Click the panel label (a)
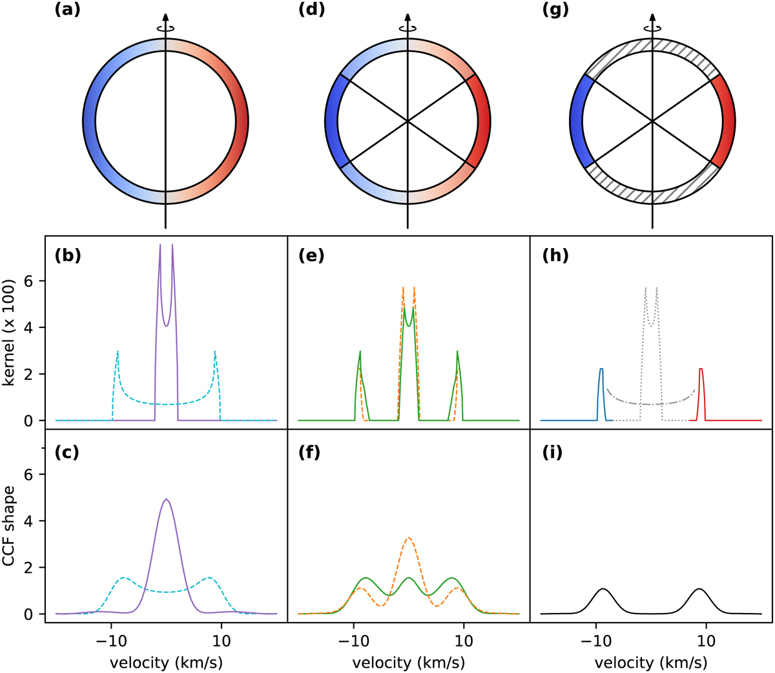point(67,10)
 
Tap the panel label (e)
point(311,255)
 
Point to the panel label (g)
point(553,10)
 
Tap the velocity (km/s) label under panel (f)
point(408,662)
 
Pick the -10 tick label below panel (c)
point(110,642)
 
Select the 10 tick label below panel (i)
point(707,642)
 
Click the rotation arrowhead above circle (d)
point(408,17)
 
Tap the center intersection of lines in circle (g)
point(652,121)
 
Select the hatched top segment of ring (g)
point(652,45)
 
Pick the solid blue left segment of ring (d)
point(333,121)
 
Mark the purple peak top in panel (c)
point(167,499)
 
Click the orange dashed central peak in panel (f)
point(408,538)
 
